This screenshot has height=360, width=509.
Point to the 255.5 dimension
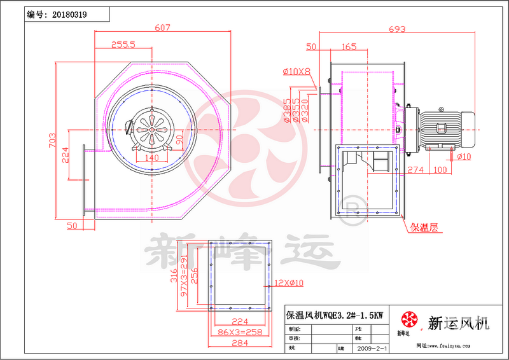coord(123,45)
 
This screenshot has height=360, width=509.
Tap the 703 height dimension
coord(53,141)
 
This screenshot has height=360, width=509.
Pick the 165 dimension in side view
coord(349,46)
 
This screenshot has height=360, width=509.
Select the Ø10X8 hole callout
coord(296,71)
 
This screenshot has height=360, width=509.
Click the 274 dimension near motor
coord(415,170)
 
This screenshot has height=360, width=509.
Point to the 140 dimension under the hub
coord(151,157)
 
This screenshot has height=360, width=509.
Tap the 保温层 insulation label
coord(424,226)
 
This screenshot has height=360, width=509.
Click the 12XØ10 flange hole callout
coord(289,282)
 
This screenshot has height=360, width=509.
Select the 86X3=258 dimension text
coord(239,333)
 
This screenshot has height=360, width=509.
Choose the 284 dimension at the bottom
coord(239,345)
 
